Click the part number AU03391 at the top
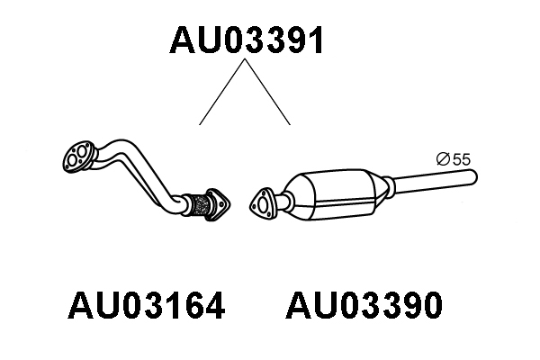tap(246, 40)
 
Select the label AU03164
tap(147, 305)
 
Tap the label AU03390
tap(364, 305)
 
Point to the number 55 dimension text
tap(462, 159)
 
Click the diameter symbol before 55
tap(443, 159)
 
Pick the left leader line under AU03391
tap(222, 92)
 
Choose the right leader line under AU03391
tap(267, 92)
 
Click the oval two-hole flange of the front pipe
tap(78, 157)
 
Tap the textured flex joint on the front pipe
tap(200, 205)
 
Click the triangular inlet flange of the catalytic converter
tap(263, 204)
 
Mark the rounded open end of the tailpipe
tap(474, 177)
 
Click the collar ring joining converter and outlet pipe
tap(389, 187)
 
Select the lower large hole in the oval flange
tap(73, 160)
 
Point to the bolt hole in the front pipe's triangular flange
tap(220, 204)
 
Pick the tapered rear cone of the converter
tap(379, 190)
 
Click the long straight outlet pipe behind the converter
tap(435, 182)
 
